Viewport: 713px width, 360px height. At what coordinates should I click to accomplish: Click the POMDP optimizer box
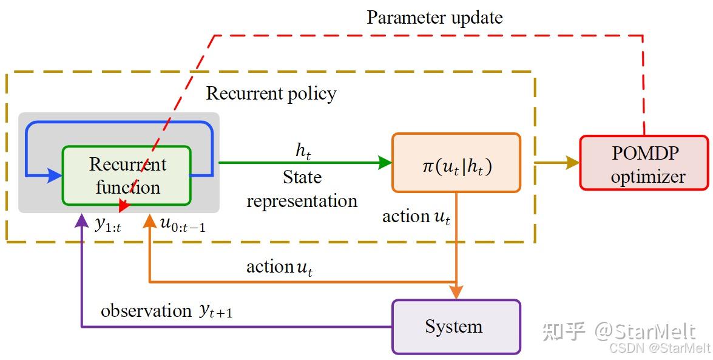644,163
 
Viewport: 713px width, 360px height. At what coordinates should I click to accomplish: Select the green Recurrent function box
127,175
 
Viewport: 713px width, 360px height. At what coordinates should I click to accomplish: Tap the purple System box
456,327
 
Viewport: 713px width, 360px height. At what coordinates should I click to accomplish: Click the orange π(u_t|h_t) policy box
456,163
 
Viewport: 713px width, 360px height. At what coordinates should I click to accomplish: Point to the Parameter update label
434,17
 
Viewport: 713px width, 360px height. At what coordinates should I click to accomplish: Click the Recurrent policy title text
271,93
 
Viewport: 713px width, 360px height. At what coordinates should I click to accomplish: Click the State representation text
302,189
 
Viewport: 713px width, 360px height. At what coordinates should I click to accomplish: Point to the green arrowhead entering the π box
385,162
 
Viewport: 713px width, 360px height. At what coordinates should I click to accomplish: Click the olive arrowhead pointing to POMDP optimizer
572,162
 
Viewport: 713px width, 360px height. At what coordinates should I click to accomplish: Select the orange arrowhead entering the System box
456,292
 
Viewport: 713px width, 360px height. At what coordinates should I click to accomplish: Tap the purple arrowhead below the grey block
81,220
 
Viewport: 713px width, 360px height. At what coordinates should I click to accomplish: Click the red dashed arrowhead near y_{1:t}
124,206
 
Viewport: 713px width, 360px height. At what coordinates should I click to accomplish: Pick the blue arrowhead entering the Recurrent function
56,175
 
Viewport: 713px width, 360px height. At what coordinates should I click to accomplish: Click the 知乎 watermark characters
564,331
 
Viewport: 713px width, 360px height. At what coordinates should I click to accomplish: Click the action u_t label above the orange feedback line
279,267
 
